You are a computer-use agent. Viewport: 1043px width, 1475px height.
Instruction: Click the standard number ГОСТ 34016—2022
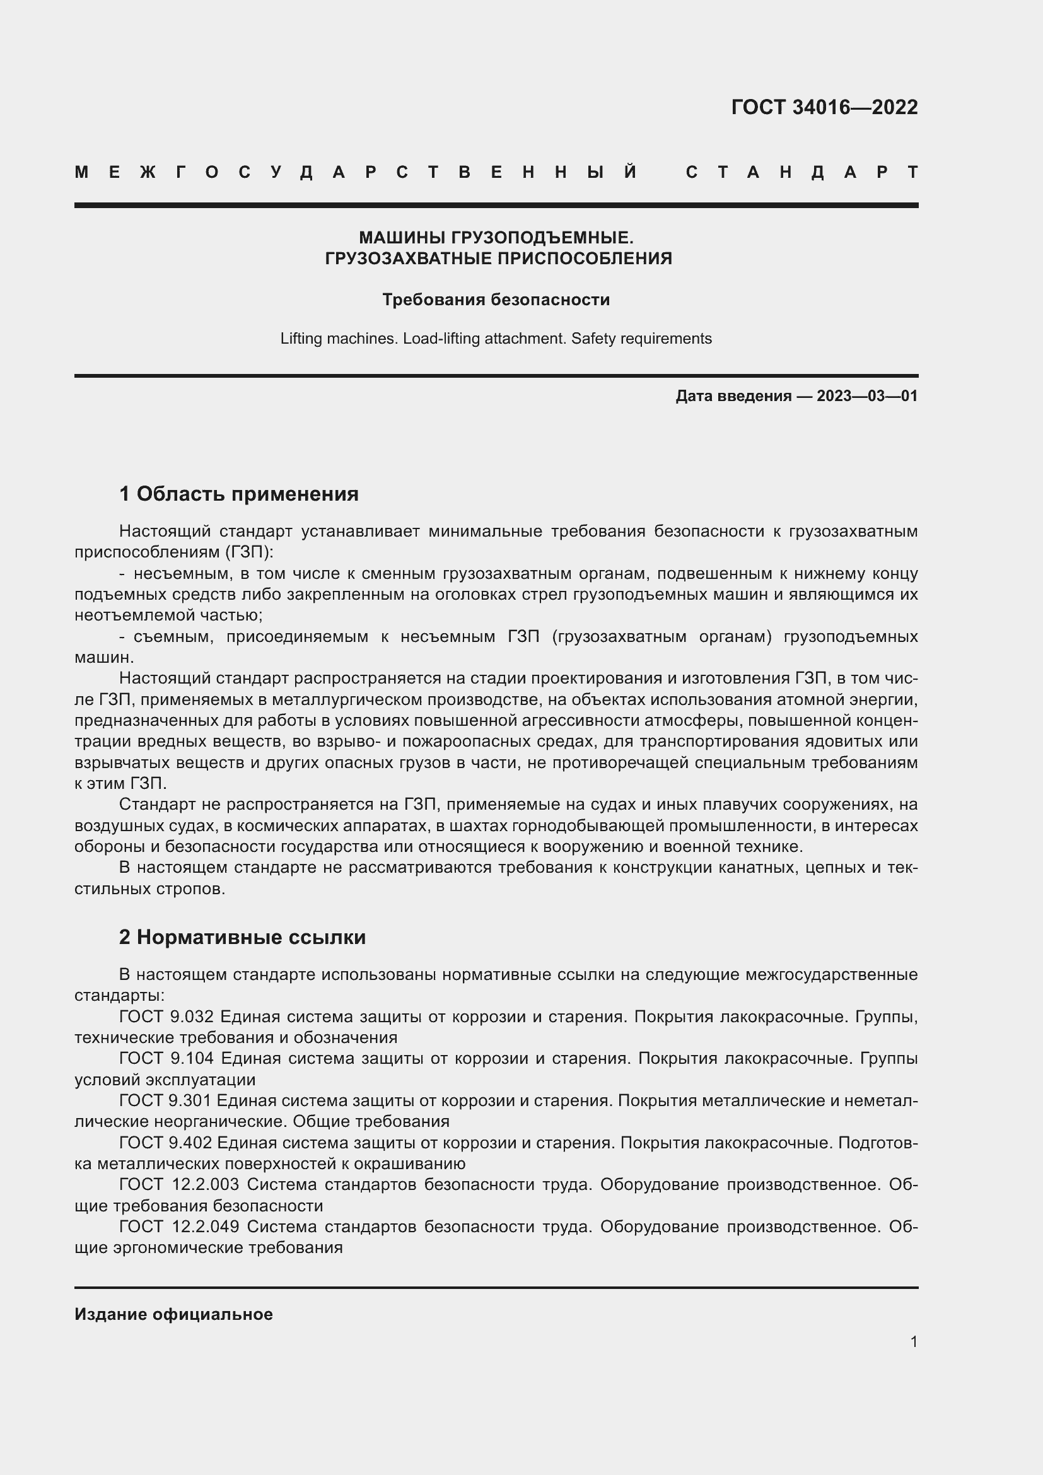pyautogui.click(x=824, y=107)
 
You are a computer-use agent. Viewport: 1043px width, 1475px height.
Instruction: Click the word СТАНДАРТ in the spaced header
pyautogui.click(x=801, y=172)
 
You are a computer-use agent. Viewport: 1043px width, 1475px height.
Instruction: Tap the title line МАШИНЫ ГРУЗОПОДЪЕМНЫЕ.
pyautogui.click(x=496, y=238)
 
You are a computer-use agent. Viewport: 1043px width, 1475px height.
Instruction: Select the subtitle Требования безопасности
pyautogui.click(x=496, y=300)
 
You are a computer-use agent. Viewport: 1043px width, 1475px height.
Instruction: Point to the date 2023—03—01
pyautogui.click(x=867, y=396)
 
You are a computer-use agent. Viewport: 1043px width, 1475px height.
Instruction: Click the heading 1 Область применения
pyautogui.click(x=238, y=493)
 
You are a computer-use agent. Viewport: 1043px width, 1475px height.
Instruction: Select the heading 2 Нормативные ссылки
pyautogui.click(x=242, y=936)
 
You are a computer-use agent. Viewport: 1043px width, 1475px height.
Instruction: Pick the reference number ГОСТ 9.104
pyautogui.click(x=166, y=1058)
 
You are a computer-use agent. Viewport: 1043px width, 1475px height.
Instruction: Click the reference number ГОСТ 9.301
pyautogui.click(x=165, y=1100)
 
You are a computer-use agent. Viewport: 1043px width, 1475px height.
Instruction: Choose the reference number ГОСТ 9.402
pyautogui.click(x=165, y=1142)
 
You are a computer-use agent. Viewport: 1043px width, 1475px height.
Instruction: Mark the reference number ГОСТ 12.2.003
pyautogui.click(x=179, y=1184)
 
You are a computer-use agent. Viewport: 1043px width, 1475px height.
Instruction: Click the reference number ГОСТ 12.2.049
pyautogui.click(x=179, y=1227)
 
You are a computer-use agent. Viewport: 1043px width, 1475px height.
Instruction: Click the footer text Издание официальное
pyautogui.click(x=173, y=1314)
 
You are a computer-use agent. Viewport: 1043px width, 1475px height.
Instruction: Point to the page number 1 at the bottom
pyautogui.click(x=914, y=1341)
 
